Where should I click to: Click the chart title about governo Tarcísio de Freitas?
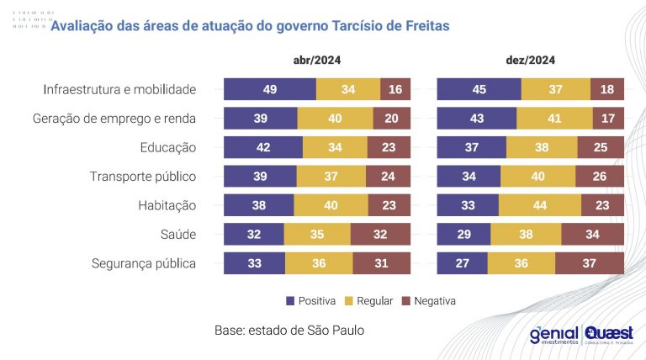click(x=250, y=26)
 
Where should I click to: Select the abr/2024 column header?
click(x=316, y=61)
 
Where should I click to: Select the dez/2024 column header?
click(x=530, y=61)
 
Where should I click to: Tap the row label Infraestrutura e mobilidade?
click(x=119, y=89)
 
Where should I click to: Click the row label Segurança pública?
click(x=143, y=263)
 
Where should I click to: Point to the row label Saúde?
click(x=177, y=235)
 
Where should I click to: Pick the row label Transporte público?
click(x=142, y=177)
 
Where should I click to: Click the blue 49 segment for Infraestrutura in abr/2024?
click(x=270, y=90)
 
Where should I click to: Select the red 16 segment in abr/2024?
click(x=395, y=90)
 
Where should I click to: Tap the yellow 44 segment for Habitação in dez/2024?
click(x=540, y=206)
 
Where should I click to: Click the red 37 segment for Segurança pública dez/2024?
click(x=590, y=264)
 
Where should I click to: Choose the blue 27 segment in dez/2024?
click(x=462, y=264)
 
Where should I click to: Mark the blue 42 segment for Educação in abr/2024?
click(x=263, y=148)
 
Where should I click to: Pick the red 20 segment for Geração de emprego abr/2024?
click(x=392, y=119)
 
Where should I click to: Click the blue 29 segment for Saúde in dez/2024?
click(x=463, y=235)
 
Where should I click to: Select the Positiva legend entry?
click(x=311, y=300)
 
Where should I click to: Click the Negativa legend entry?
click(x=428, y=300)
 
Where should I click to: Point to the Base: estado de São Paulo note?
click(x=290, y=331)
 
